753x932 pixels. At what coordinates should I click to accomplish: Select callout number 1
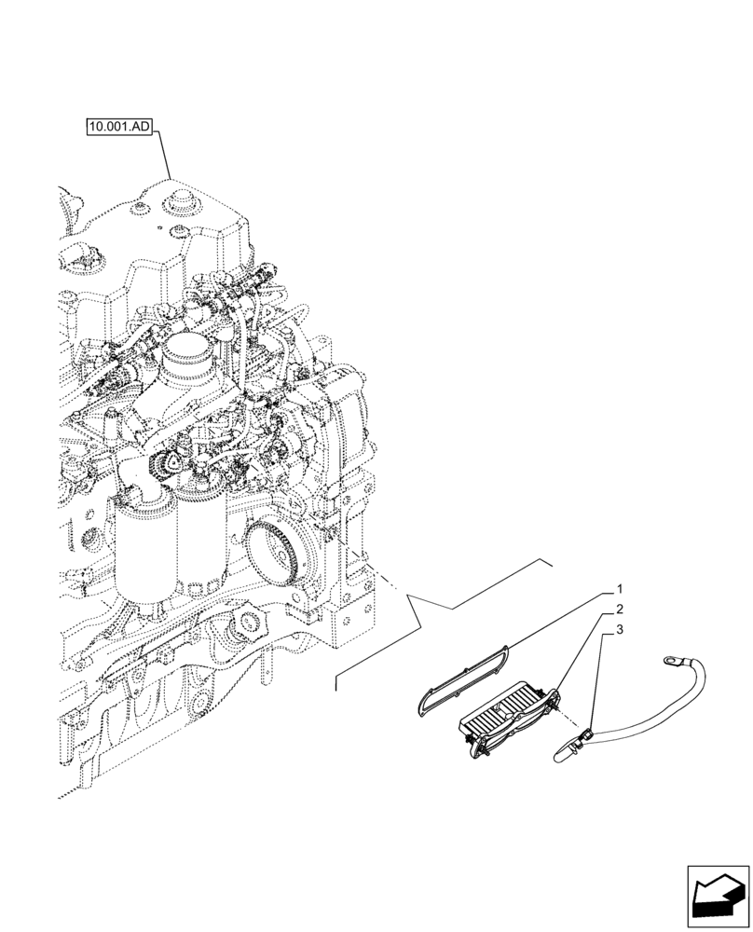click(619, 590)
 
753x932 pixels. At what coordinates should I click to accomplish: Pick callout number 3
click(619, 632)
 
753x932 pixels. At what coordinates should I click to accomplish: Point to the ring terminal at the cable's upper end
click(668, 661)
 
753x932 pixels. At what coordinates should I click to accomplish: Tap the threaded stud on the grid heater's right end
click(560, 713)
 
